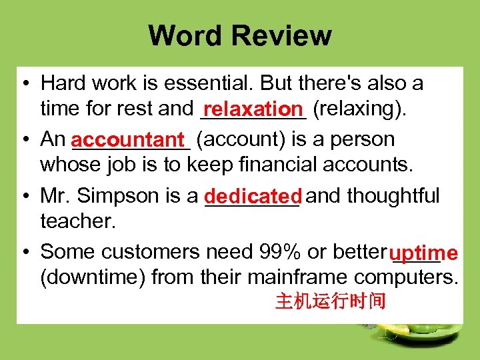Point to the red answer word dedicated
point(253,197)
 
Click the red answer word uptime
point(424,253)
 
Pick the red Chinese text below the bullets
point(331,302)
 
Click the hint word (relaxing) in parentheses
point(359,109)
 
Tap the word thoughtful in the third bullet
point(393,195)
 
